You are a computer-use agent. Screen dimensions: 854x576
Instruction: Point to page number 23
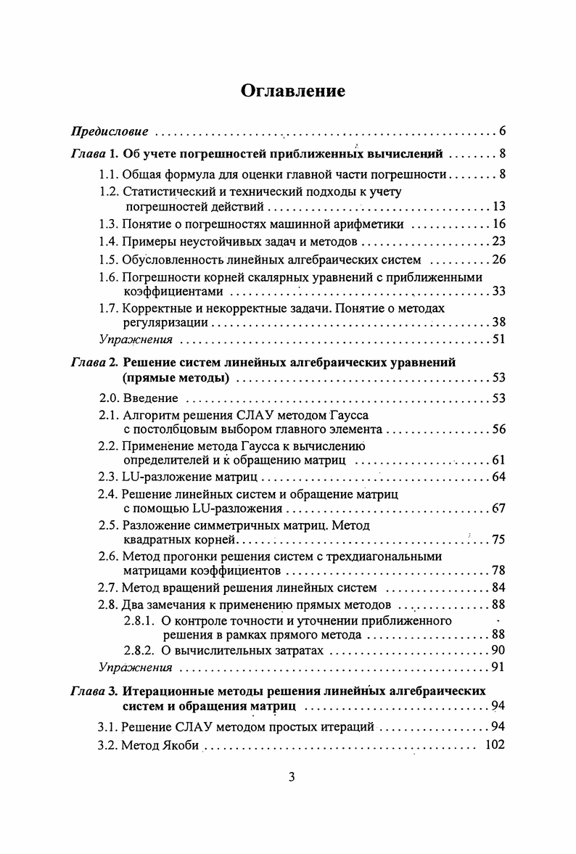pos(498,242)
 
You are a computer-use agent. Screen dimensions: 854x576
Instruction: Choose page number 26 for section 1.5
pos(498,259)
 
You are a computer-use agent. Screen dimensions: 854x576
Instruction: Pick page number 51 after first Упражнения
pos(498,339)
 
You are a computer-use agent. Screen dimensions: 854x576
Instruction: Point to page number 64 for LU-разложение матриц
pos(498,477)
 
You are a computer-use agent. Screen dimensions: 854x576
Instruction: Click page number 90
pos(498,650)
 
